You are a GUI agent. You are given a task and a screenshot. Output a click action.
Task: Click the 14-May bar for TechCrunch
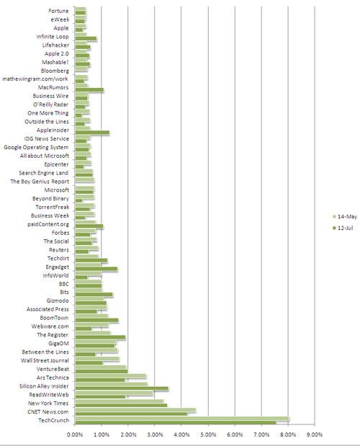182,419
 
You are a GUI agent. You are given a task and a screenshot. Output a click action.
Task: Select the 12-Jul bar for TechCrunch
175,422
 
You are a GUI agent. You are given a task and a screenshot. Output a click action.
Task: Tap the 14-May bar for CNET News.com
135,410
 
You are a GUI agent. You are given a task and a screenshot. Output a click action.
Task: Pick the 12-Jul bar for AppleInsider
92,133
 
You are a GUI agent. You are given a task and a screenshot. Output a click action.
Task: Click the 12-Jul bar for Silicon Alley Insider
122,388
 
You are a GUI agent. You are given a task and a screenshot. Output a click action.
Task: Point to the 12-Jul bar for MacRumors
89,90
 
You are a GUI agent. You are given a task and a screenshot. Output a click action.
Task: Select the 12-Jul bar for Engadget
96,269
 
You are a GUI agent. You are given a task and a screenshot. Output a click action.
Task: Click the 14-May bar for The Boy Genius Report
84,179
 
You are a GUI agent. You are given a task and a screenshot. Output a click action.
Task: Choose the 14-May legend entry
345,217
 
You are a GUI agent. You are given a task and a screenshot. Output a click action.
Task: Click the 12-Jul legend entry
343,228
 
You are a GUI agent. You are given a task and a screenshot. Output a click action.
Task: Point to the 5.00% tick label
208,434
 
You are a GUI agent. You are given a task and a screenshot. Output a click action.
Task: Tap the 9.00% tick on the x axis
315,434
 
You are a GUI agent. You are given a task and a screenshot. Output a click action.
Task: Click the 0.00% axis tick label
75,434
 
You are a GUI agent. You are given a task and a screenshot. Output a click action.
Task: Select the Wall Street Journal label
45,360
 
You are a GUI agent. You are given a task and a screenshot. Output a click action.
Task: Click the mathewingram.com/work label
35,79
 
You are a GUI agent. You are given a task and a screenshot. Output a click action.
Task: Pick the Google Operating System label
36,147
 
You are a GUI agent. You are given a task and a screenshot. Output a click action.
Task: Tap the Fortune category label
58,11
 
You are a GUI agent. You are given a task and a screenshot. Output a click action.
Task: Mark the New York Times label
48,403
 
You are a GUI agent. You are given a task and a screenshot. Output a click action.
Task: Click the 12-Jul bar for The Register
100,337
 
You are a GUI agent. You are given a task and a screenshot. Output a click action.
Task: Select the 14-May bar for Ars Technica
111,376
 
